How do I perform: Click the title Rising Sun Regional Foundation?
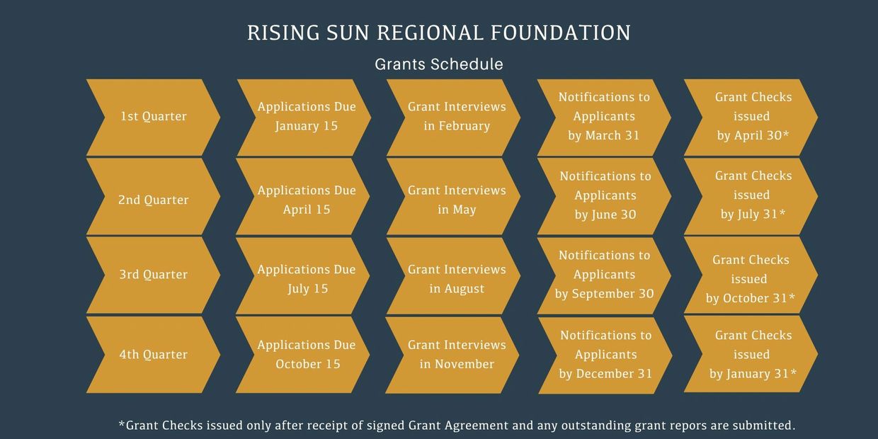coord(439,33)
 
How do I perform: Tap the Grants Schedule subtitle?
coord(439,64)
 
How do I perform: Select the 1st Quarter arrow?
coord(153,118)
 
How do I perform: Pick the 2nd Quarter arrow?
coord(153,196)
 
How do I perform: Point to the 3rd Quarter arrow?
coord(153,275)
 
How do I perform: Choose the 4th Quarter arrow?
coord(153,355)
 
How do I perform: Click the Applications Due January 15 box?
coord(304,118)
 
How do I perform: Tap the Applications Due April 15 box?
coord(302,196)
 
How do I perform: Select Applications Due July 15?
coord(302,276)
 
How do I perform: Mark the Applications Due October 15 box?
coord(302,355)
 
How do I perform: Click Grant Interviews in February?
coord(453,118)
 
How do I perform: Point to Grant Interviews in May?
coord(453,196)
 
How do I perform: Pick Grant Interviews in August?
coord(453,276)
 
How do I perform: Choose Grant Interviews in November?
coord(452,355)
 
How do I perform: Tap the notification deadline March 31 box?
coord(604,118)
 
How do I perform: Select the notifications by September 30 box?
coord(604,276)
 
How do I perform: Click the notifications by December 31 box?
coord(605,355)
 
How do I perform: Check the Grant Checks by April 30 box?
coord(751,118)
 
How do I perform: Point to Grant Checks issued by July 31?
coord(751,196)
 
